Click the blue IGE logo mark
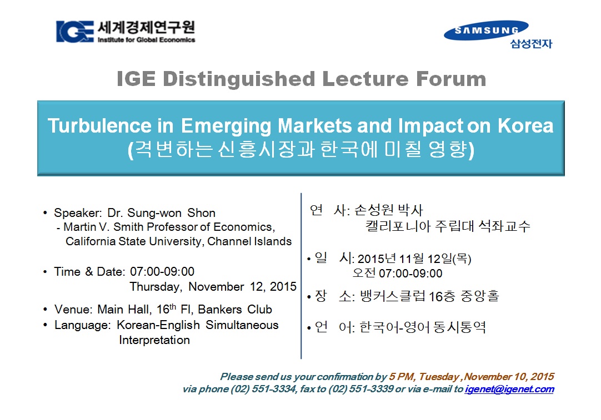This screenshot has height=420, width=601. [75, 32]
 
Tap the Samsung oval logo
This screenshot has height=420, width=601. [486, 31]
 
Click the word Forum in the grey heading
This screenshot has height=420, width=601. [451, 79]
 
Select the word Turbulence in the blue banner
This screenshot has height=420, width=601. [99, 125]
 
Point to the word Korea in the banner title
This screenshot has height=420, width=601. [525, 125]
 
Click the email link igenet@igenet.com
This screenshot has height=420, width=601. [509, 389]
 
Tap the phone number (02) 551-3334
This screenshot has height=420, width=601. [263, 389]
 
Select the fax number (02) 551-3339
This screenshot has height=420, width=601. [360, 389]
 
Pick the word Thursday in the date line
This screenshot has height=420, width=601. [155, 287]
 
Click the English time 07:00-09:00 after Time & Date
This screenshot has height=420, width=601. [162, 271]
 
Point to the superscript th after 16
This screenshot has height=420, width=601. [173, 306]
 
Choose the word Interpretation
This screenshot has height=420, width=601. [154, 340]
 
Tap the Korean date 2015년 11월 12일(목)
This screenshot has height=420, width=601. [414, 259]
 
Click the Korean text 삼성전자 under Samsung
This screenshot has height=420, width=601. [531, 44]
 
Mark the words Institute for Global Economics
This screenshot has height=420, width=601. [147, 40]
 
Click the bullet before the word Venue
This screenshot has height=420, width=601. [45, 310]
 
